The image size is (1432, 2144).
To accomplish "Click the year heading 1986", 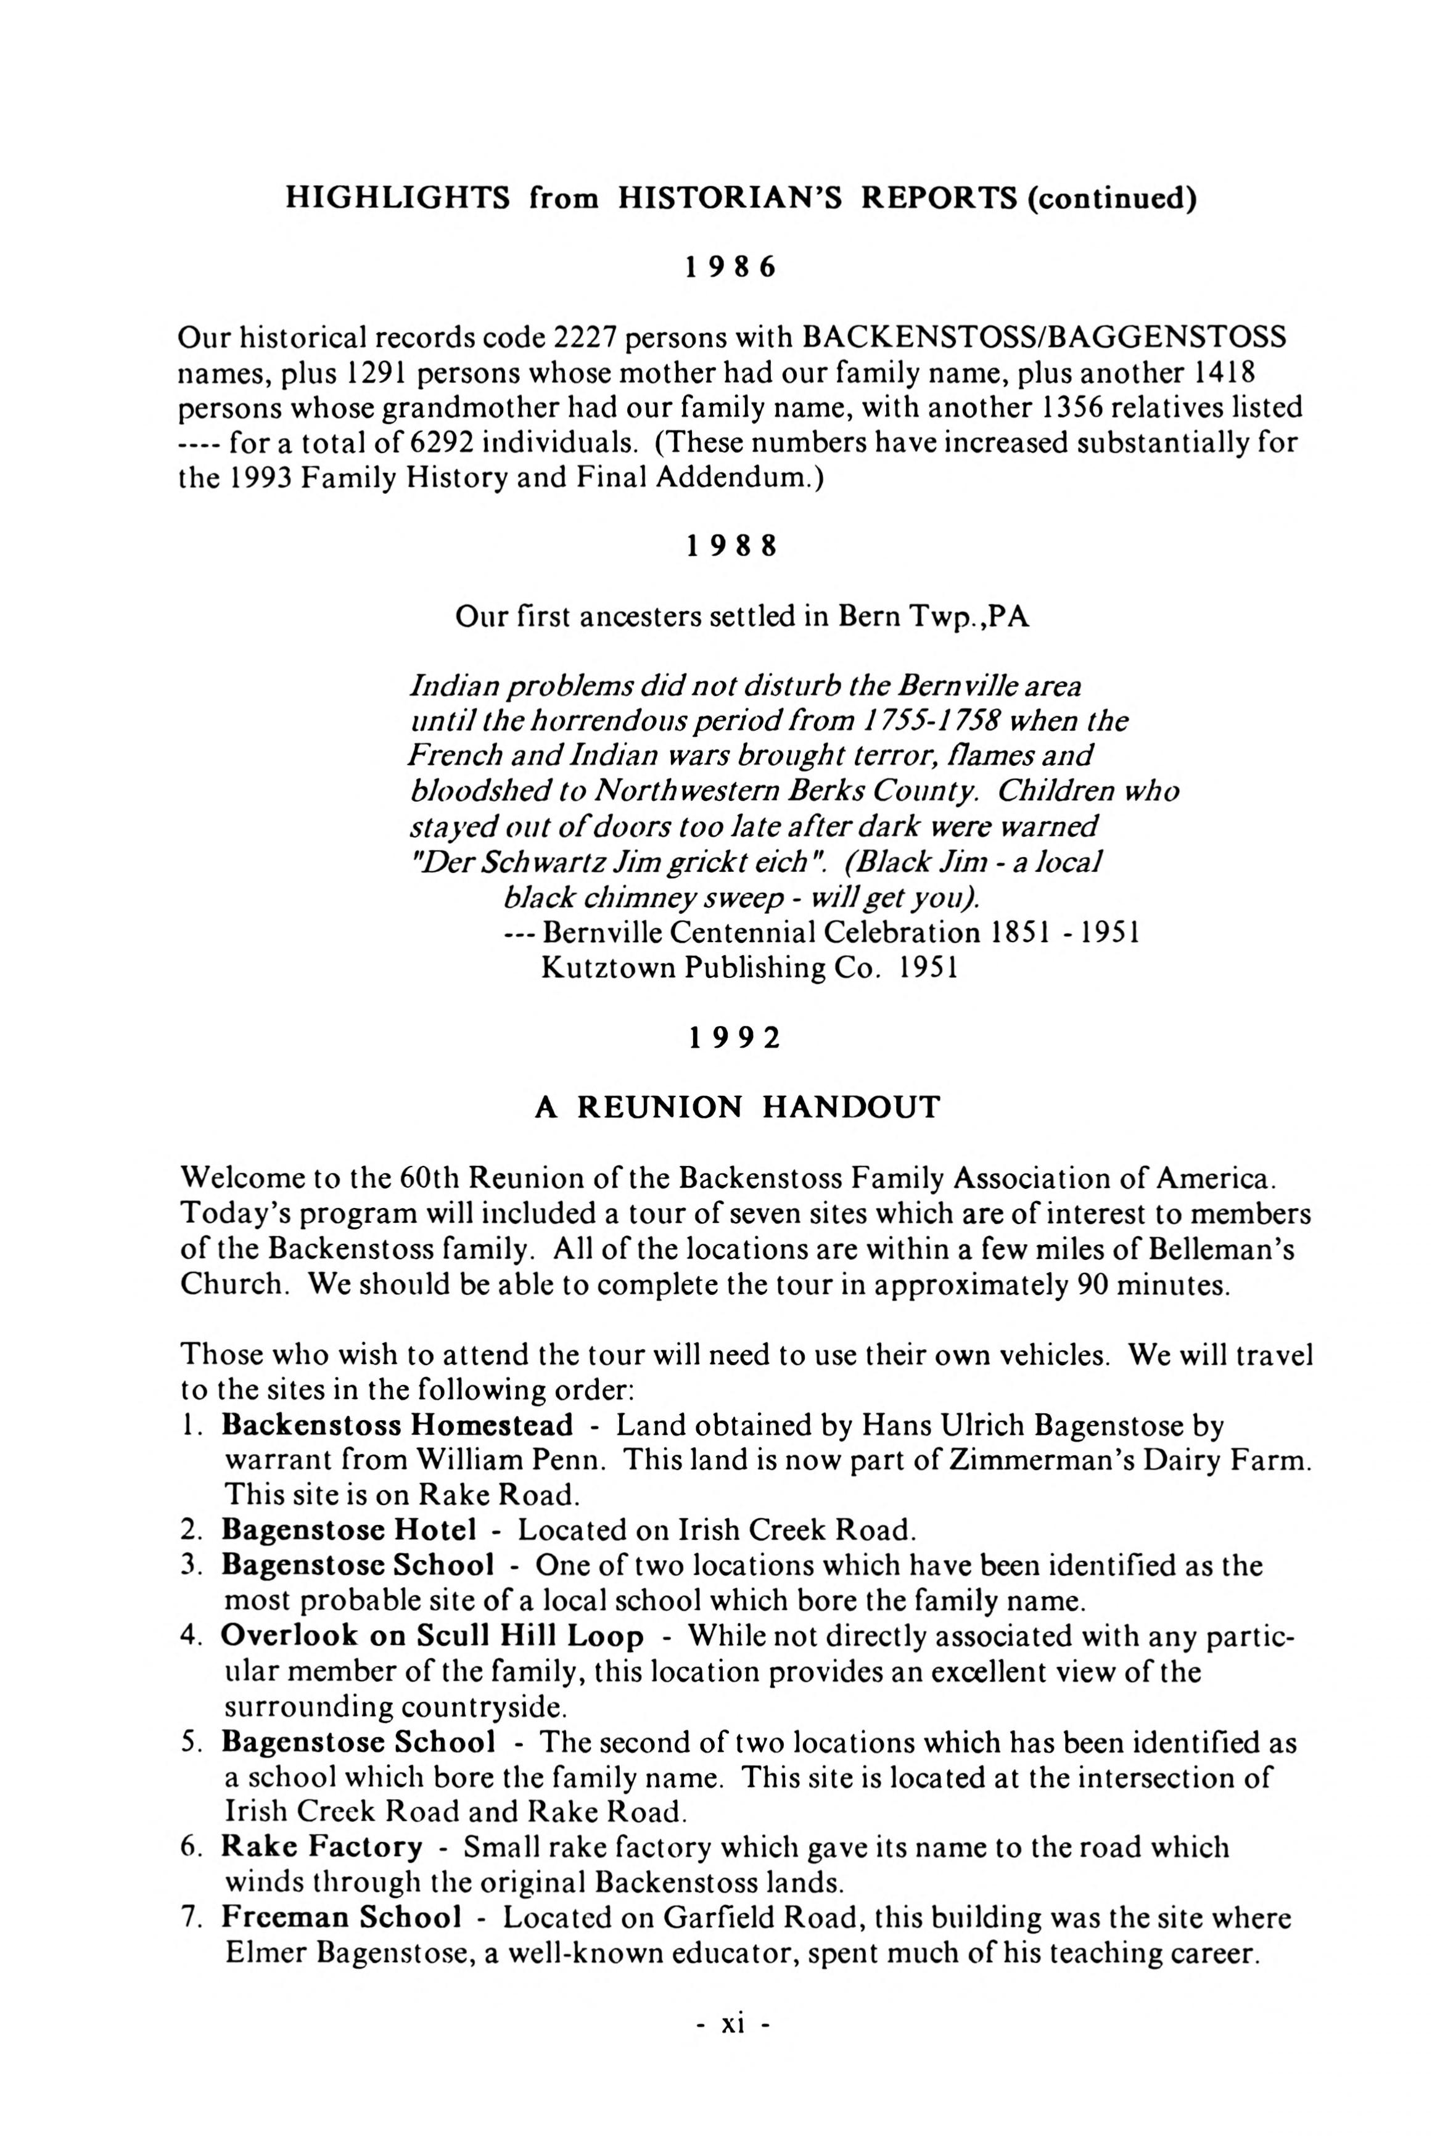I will click(731, 268).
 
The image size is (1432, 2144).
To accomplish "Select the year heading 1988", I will click(731, 546).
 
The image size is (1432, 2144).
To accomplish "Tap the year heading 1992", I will click(735, 1038).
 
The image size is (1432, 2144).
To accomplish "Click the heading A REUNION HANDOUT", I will click(736, 1107).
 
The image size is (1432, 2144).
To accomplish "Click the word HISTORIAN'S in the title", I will click(730, 198).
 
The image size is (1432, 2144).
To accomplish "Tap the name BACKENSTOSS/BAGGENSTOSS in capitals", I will click(1044, 338).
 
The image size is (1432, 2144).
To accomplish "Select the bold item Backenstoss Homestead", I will click(397, 1426).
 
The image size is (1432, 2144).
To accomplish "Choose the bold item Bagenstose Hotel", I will click(349, 1530).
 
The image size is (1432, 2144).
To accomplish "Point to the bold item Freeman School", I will click(340, 1918).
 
